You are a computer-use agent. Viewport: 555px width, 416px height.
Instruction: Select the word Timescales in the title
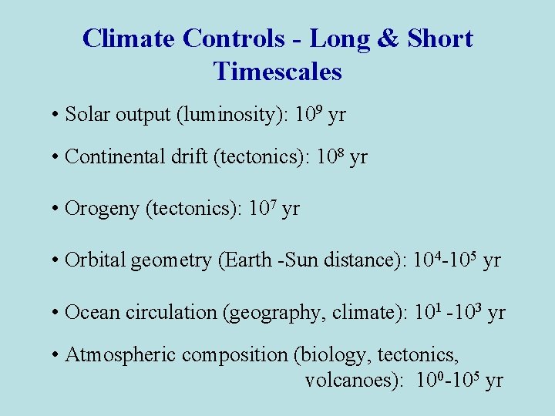tap(277, 72)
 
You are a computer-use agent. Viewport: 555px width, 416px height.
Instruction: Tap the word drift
tap(191, 158)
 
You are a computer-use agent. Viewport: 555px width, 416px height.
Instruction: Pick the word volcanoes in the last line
tap(351, 381)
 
